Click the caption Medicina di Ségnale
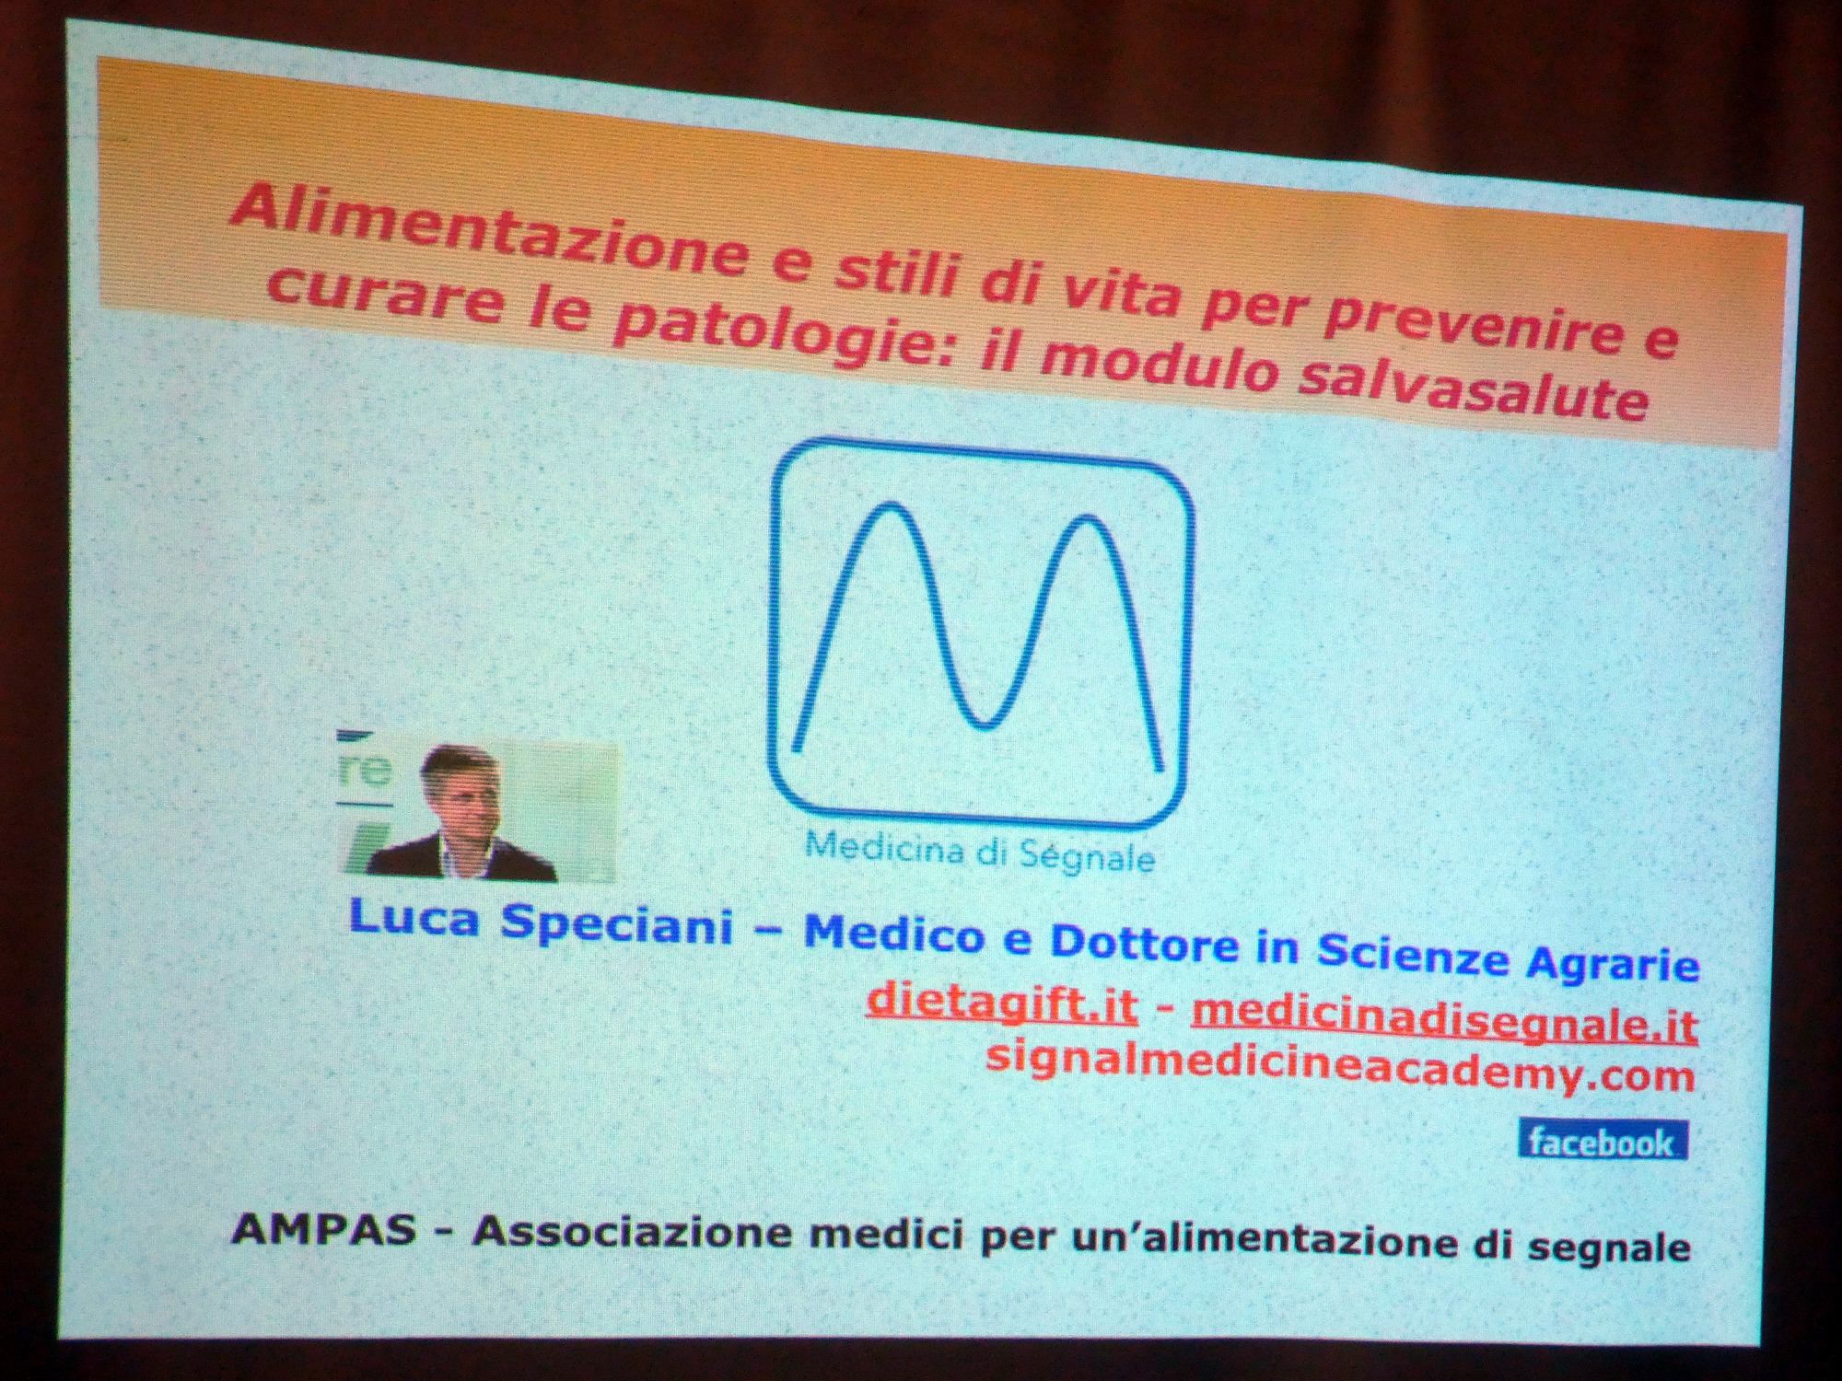coord(980,853)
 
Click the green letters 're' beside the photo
coord(366,770)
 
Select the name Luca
coord(414,919)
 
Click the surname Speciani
coord(617,924)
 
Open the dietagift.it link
coord(1002,1001)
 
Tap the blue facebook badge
coord(1603,1142)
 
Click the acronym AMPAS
coord(324,1229)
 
